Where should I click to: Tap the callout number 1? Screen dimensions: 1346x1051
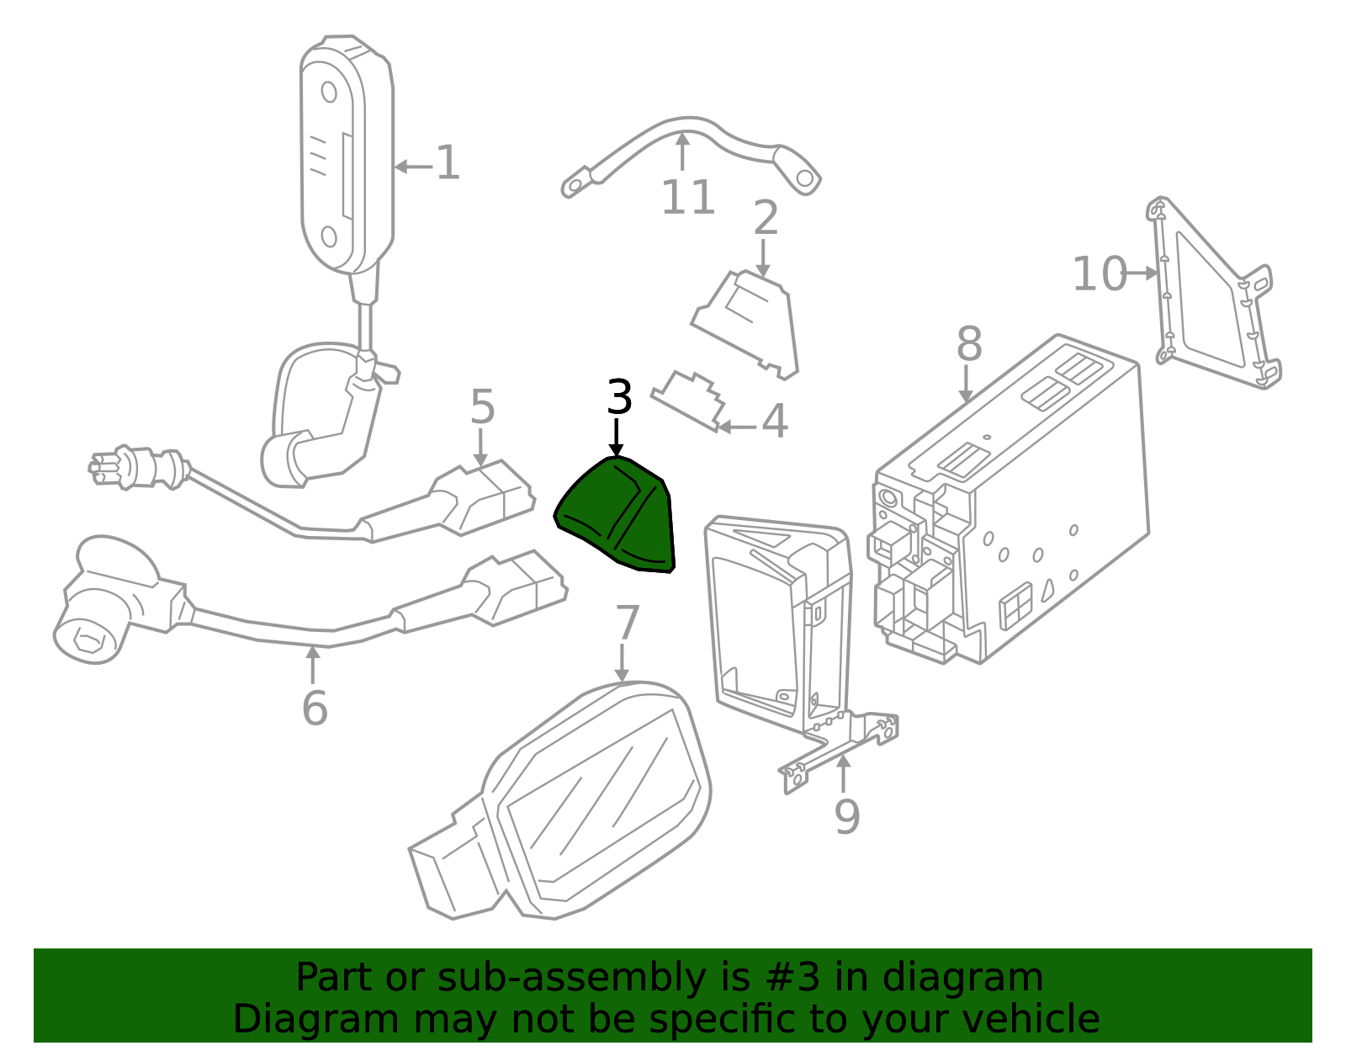(448, 163)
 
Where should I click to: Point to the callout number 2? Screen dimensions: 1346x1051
(766, 217)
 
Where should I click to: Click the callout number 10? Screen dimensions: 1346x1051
(1100, 273)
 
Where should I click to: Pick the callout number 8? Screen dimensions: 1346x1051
(969, 343)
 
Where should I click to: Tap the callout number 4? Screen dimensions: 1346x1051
(774, 421)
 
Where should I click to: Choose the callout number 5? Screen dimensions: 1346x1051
(483, 406)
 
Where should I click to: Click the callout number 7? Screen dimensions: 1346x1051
(627, 623)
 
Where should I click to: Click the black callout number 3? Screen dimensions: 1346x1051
(619, 397)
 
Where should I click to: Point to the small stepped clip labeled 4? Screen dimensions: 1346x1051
(687, 401)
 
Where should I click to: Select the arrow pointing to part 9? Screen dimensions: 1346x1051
(843, 774)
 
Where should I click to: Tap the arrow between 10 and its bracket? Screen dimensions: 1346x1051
(1140, 273)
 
